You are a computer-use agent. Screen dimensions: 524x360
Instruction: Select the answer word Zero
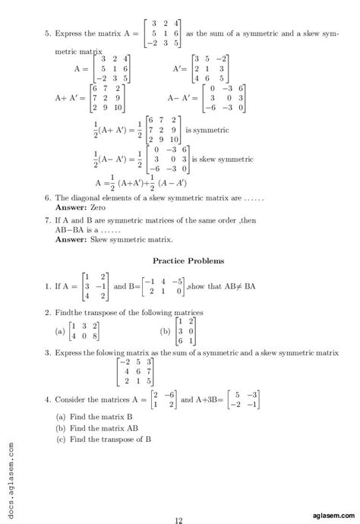click(x=95, y=207)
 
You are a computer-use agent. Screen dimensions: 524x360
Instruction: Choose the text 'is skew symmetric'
click(x=223, y=159)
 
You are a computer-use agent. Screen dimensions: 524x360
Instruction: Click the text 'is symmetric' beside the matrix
click(x=207, y=130)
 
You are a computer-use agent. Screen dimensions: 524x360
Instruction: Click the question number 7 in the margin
click(x=47, y=219)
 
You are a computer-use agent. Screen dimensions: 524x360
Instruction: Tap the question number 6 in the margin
click(x=47, y=197)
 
